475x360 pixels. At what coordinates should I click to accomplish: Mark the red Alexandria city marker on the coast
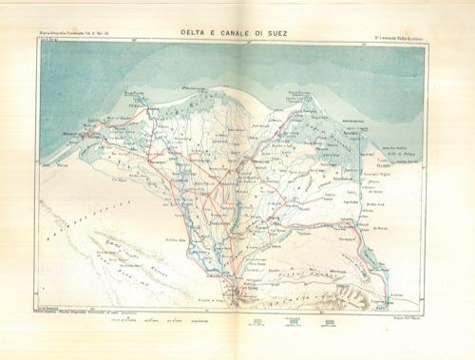pyautogui.click(x=86, y=134)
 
